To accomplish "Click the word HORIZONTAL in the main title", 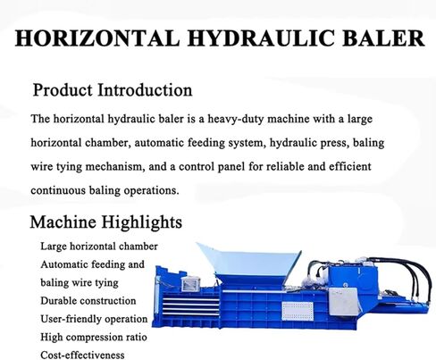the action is click(97, 38).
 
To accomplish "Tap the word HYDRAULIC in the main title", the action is click(261, 38).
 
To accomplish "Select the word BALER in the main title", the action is click(383, 38).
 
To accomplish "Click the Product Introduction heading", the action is click(113, 89).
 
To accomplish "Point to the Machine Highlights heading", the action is click(106, 222).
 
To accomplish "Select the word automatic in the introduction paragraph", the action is click(159, 143).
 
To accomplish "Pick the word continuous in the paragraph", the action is click(58, 190).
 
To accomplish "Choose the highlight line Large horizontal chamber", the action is click(99, 247).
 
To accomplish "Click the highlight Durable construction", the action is click(88, 301).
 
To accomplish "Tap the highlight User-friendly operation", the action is click(94, 319).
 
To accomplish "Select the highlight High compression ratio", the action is click(94, 337).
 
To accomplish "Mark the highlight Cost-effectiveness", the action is click(82, 355).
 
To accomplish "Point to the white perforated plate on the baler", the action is click(298, 311).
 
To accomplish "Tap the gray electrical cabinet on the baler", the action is click(343, 302).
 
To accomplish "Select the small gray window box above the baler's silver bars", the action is click(190, 284).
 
